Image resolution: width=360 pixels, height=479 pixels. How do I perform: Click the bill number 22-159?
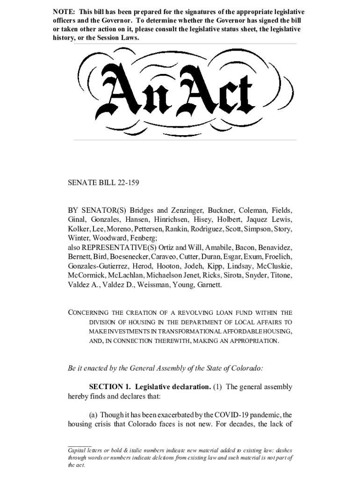[x=127, y=183]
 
